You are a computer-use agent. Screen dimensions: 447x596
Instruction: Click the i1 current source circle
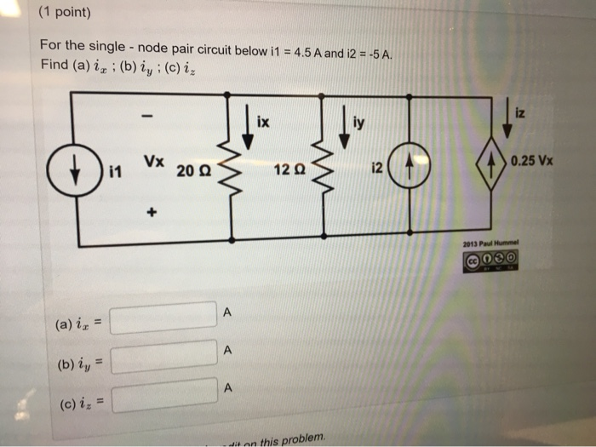pyautogui.click(x=77, y=169)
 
